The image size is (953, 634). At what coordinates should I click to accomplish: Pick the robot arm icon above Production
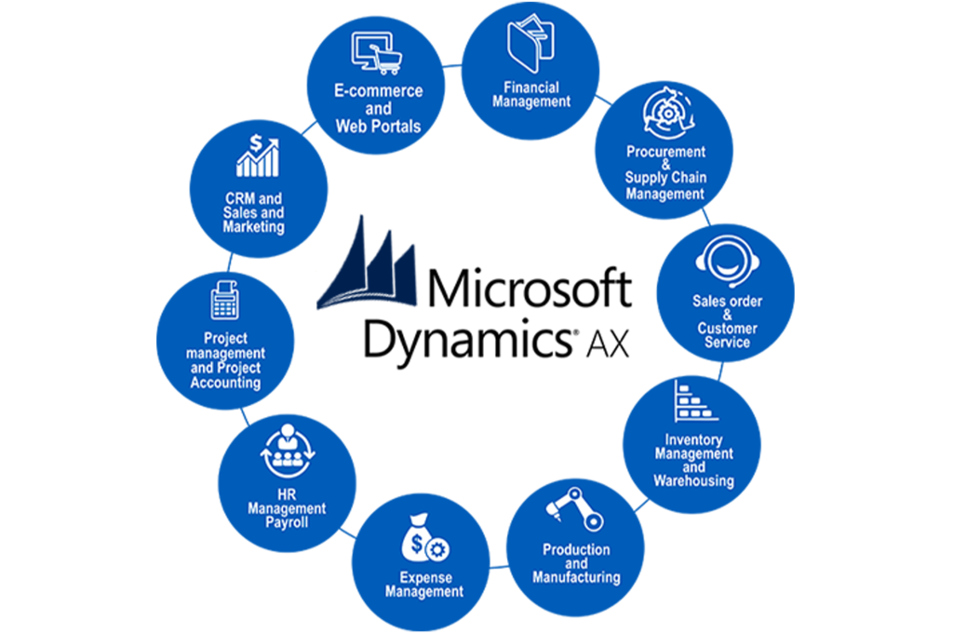tap(575, 509)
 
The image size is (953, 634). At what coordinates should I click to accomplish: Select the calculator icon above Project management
tap(224, 300)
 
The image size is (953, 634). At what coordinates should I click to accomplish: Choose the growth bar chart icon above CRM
tap(258, 155)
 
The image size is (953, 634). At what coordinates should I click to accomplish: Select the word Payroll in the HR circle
tap(288, 522)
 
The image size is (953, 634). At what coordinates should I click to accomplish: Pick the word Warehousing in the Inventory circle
tap(693, 480)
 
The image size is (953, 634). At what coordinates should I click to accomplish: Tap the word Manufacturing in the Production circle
tap(576, 577)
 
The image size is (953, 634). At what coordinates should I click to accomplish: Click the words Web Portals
tap(379, 126)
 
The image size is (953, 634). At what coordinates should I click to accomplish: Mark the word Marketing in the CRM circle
tap(254, 227)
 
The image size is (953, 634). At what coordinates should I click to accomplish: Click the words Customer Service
tap(727, 335)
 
